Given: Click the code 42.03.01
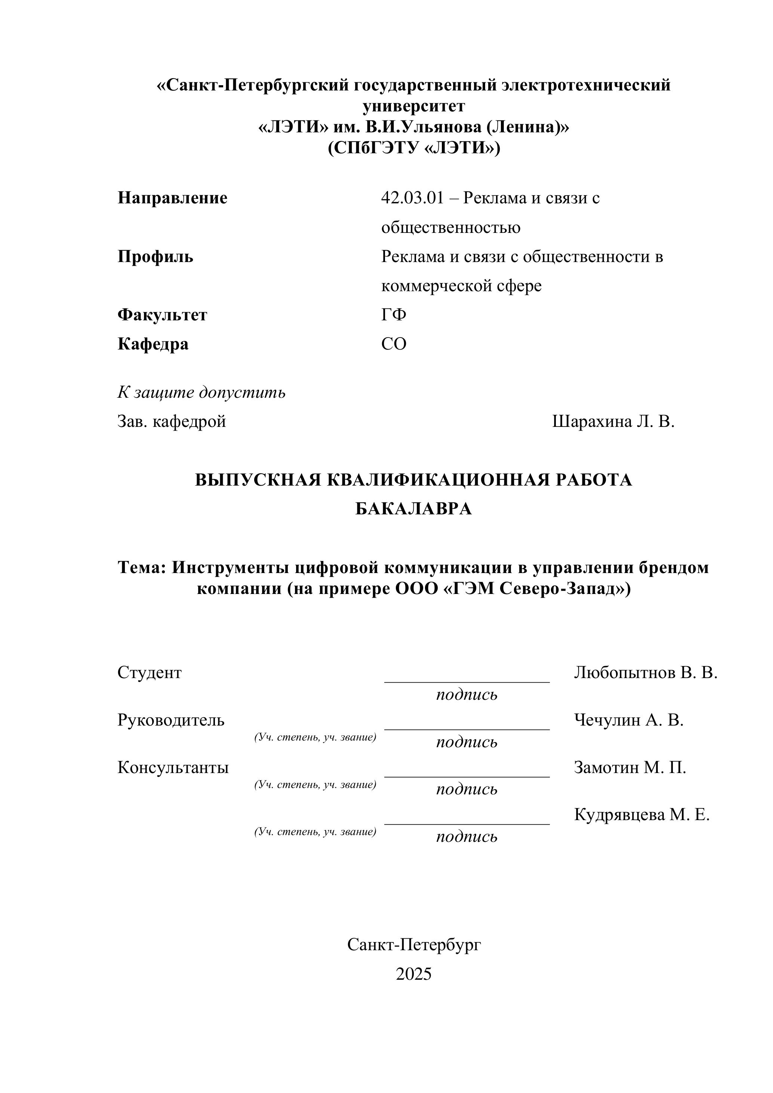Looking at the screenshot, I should click(x=412, y=198).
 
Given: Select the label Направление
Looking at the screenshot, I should click(x=172, y=198).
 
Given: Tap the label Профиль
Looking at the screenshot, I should click(x=155, y=257).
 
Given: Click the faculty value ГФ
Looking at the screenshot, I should click(x=394, y=315).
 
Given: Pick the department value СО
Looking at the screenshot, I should click(x=394, y=344).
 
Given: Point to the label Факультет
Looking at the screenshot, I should click(x=162, y=315).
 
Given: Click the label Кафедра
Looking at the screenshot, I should click(x=153, y=344).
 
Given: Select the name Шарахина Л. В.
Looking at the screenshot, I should click(x=613, y=422).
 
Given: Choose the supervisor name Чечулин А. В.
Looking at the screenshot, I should click(x=628, y=720).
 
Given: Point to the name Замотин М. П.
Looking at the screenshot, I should click(x=630, y=767).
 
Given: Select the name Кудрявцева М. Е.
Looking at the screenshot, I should click(x=642, y=815).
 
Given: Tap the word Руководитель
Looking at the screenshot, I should click(x=171, y=720).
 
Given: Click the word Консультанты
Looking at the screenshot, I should click(x=173, y=767).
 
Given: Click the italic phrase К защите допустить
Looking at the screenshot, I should click(x=201, y=393).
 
